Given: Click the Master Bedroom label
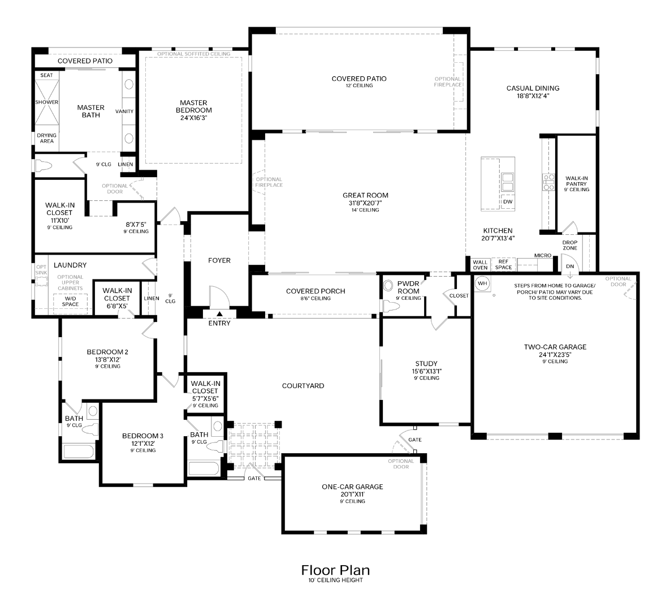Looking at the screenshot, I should (x=193, y=106).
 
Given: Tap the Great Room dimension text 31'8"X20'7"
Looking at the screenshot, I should (x=365, y=203).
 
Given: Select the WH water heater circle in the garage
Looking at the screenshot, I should (x=482, y=283).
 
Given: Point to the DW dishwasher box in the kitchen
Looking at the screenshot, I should (x=507, y=202).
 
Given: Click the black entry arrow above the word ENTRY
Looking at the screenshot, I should (x=219, y=314).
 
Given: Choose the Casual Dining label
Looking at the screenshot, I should (x=533, y=88).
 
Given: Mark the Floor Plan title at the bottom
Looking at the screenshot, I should (x=335, y=569).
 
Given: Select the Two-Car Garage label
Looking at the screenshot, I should (x=555, y=347).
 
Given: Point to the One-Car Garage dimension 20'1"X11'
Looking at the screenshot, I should (x=352, y=494).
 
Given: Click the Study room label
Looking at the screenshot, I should (x=426, y=364).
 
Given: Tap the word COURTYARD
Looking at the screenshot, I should (x=303, y=386).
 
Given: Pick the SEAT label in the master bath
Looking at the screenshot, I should (x=47, y=75).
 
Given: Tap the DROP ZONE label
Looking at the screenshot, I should (x=569, y=246).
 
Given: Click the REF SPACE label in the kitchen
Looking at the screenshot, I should (x=503, y=264).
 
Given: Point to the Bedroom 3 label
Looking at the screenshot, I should (x=142, y=436).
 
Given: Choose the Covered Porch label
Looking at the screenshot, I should (x=315, y=291).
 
